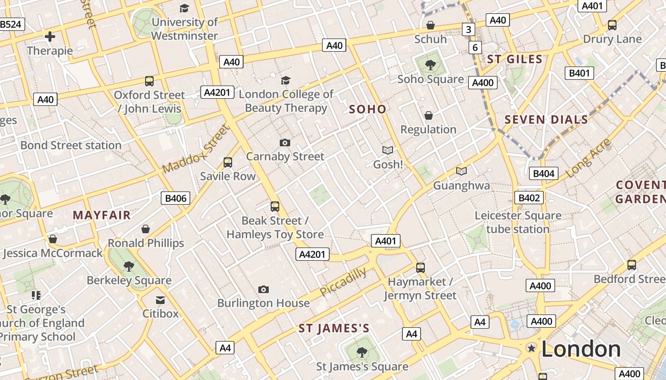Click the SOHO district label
pyautogui.click(x=368, y=109)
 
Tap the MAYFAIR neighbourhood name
pyautogui.click(x=101, y=215)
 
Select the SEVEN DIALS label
pyautogui.click(x=546, y=119)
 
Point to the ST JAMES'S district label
pyautogui.click(x=334, y=328)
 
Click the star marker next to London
pyautogui.click(x=531, y=349)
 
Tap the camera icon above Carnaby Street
pyautogui.click(x=284, y=142)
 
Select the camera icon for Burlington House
pyautogui.click(x=263, y=289)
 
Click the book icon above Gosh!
pyautogui.click(x=388, y=150)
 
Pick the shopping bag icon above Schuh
pyautogui.click(x=430, y=25)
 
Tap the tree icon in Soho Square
pyautogui.click(x=430, y=65)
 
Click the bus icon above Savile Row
pyautogui.click(x=228, y=162)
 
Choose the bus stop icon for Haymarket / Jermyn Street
pyautogui.click(x=420, y=267)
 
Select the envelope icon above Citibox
pyautogui.click(x=160, y=300)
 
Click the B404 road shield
pyautogui.click(x=543, y=173)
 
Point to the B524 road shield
pyautogui.click(x=11, y=24)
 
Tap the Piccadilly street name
pyautogui.click(x=343, y=282)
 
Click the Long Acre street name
pyautogui.click(x=588, y=158)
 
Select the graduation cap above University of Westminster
pyautogui.click(x=184, y=8)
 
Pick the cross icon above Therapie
pyautogui.click(x=49, y=37)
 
